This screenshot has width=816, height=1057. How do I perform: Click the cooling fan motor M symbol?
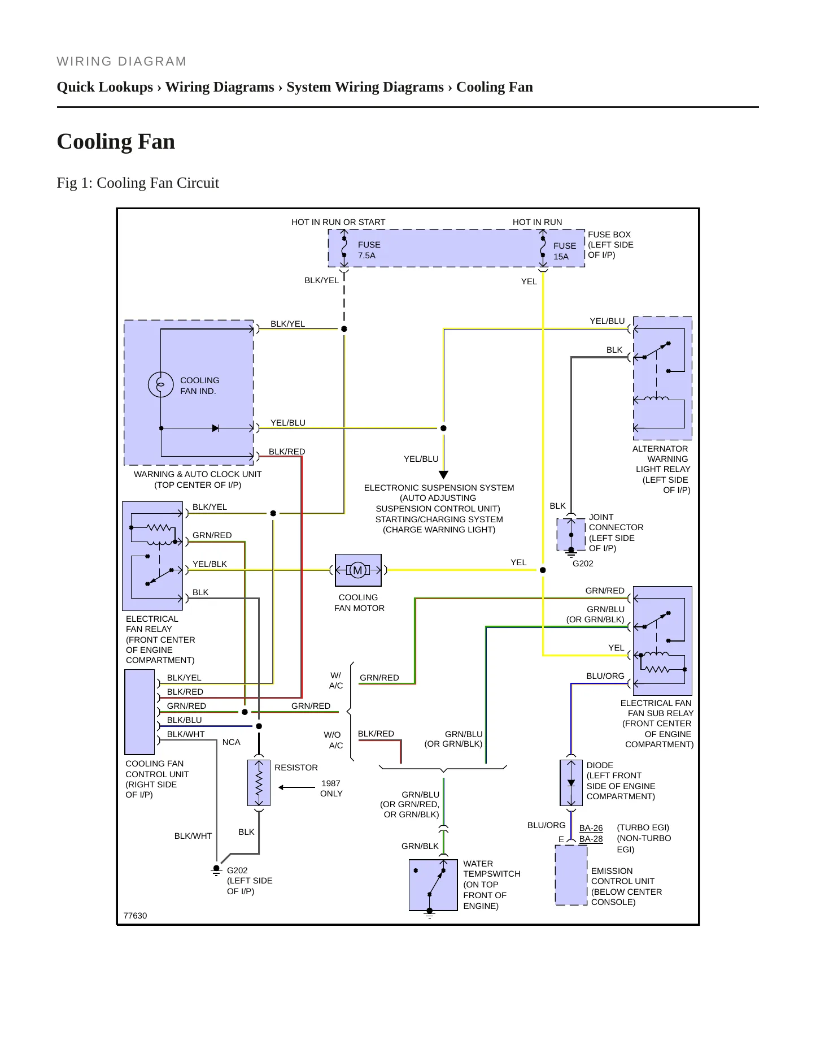[357, 570]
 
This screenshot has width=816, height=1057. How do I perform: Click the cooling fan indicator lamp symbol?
[161, 385]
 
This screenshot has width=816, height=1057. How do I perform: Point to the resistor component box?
[259, 783]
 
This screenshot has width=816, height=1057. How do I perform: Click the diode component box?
[571, 783]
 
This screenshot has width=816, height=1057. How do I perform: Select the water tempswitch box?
[433, 885]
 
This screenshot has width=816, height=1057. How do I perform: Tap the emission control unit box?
[571, 875]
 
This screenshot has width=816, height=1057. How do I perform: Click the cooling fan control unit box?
[139, 712]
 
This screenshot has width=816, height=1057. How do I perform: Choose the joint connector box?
[571, 534]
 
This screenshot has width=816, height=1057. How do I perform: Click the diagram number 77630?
[135, 916]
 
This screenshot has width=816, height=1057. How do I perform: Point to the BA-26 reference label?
[591, 828]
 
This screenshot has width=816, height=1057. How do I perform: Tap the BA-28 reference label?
[591, 839]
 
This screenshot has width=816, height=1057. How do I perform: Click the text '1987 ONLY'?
[331, 789]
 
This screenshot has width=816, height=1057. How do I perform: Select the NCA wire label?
[232, 742]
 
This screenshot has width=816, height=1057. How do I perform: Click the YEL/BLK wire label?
[210, 564]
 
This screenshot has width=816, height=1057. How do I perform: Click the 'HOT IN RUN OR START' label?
[338, 222]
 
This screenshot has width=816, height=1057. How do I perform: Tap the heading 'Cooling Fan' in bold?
[116, 141]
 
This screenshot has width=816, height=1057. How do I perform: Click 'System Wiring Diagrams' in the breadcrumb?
[365, 87]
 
